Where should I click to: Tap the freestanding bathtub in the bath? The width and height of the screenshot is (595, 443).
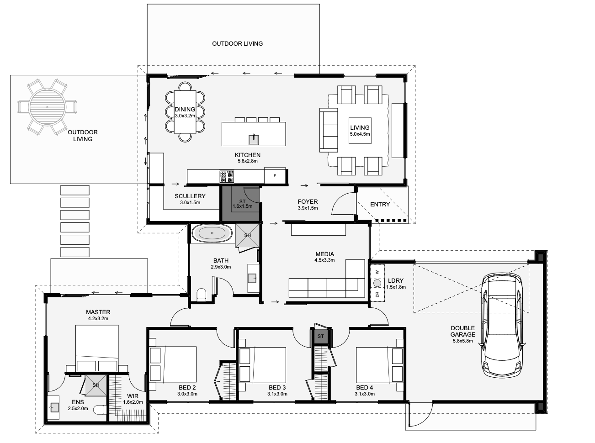[212, 233]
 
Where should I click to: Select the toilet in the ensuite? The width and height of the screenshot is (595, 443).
[99, 410]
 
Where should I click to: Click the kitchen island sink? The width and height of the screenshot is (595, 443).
[254, 139]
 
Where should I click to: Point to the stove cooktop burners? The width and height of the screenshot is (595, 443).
[227, 176]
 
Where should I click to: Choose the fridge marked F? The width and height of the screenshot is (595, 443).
[275, 176]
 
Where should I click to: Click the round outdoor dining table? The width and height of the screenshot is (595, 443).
[47, 107]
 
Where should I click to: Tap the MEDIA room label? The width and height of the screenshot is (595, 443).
[324, 254]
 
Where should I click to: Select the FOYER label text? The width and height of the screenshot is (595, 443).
[308, 201]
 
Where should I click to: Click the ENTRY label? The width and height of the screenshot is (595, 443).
[380, 204]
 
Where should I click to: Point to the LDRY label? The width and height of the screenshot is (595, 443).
[396, 280]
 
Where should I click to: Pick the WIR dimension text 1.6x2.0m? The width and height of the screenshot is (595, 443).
[133, 402]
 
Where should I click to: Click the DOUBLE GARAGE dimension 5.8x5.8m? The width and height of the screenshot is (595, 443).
[463, 341]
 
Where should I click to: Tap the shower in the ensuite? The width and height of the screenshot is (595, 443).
[96, 385]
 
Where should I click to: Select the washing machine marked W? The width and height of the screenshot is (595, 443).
[377, 273]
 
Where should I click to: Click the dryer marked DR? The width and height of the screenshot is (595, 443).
[377, 295]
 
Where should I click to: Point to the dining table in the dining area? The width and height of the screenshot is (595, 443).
[185, 112]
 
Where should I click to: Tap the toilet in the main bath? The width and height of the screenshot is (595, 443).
[201, 295]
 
